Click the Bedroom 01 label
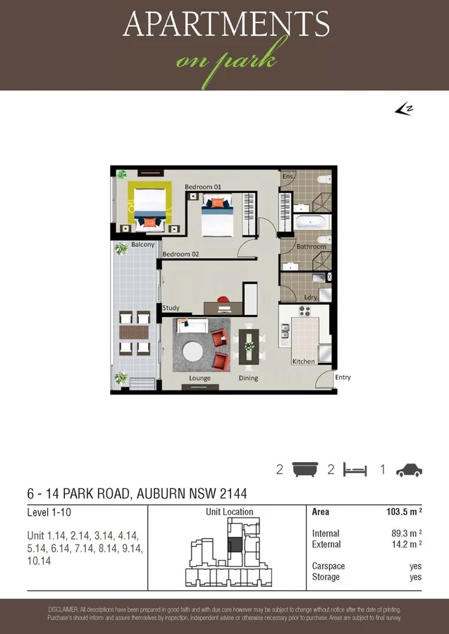click(203, 187)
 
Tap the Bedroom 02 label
click(180, 254)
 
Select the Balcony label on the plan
click(142, 245)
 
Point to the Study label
click(171, 308)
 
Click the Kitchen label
click(303, 361)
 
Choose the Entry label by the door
click(343, 378)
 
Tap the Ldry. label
click(312, 298)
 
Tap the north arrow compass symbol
click(402, 108)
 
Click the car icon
click(409, 470)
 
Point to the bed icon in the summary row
click(356, 470)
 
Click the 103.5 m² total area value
click(401, 512)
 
